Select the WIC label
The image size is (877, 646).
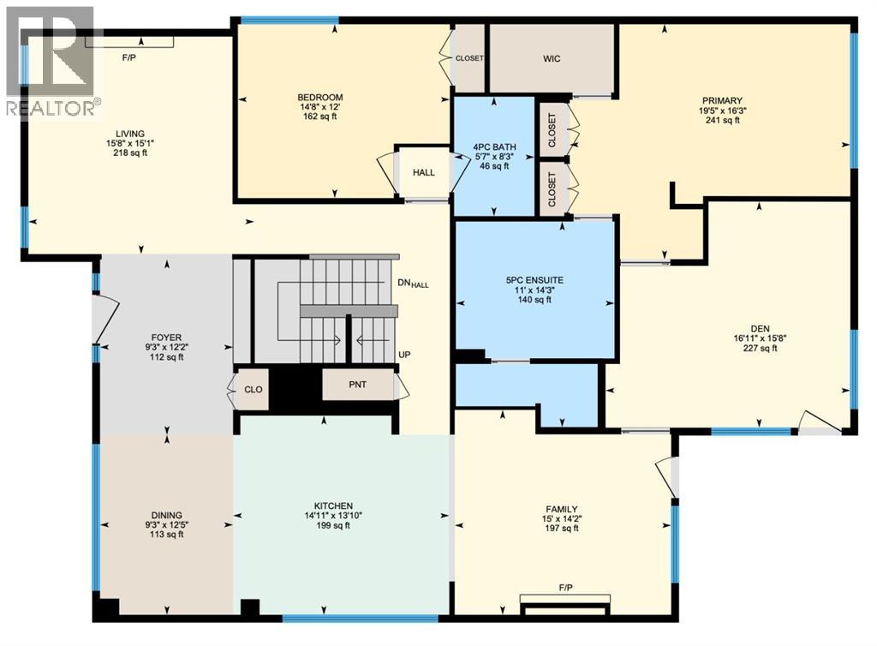tap(552, 59)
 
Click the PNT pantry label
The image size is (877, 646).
tap(358, 385)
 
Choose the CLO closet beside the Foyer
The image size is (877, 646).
tap(253, 390)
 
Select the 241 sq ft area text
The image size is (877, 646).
tap(719, 121)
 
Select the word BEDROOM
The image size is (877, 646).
tap(320, 98)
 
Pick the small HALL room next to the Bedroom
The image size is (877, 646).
tap(424, 172)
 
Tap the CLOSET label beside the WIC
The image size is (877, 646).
tap(469, 58)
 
